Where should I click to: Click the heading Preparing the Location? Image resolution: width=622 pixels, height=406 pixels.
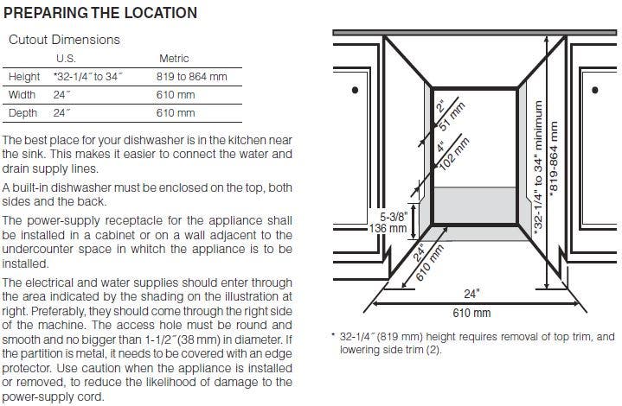(x=100, y=13)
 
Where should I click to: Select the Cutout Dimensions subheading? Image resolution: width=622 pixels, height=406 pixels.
(x=64, y=40)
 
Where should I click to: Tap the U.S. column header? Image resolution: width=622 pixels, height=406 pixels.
(x=66, y=59)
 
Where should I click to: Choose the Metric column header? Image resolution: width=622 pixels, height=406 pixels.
(x=174, y=59)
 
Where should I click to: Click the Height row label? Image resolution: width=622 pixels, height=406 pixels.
(x=24, y=76)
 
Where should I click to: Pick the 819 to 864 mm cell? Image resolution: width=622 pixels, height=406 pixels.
(x=191, y=76)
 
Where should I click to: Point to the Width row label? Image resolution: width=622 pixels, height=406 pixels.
(x=22, y=95)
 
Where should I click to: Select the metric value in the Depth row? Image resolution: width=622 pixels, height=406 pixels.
(x=176, y=113)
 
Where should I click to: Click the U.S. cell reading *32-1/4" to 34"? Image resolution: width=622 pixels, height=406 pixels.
(x=88, y=76)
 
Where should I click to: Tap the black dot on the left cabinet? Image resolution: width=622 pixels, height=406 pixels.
(x=355, y=90)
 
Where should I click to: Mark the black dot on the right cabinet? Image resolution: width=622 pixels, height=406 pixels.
(x=594, y=90)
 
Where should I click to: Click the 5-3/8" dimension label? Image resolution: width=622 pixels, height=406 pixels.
(x=394, y=217)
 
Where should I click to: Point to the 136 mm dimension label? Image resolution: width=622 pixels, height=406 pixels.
(x=388, y=228)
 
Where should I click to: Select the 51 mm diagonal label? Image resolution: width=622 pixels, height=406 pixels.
(x=452, y=117)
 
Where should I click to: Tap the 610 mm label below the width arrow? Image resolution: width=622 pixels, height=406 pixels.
(x=471, y=313)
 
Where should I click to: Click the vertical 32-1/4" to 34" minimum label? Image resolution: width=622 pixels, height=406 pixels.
(x=538, y=168)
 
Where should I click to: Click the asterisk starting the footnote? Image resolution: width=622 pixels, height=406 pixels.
(x=333, y=335)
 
